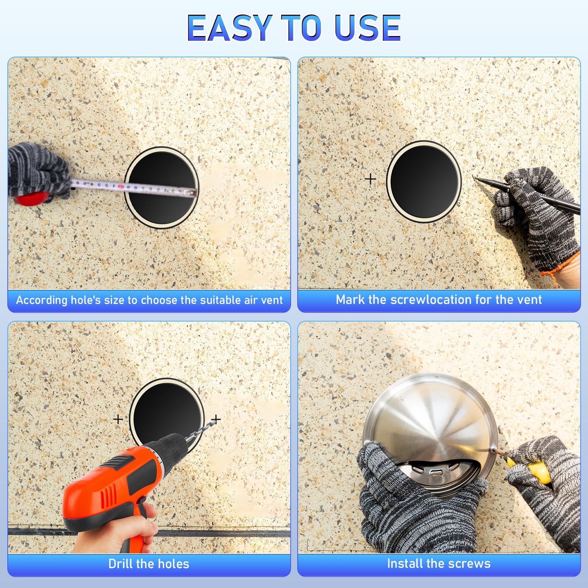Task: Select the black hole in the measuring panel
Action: click(162, 187)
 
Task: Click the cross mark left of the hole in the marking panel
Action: click(370, 179)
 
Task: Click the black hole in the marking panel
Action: click(424, 181)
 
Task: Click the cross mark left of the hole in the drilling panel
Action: click(118, 419)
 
